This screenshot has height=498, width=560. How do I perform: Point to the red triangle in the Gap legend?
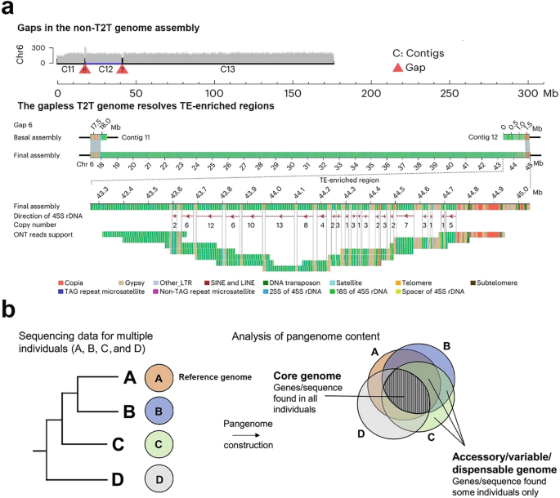pyautogui.click(x=397, y=67)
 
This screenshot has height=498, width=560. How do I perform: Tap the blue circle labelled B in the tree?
pyautogui.click(x=157, y=411)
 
